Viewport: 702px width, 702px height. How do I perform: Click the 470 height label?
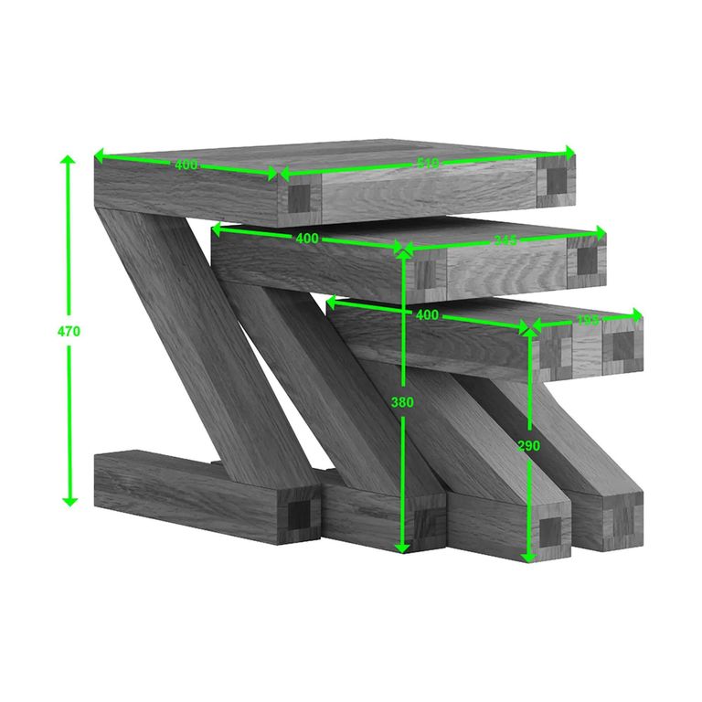[x=69, y=332]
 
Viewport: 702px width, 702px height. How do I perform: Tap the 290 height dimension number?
[x=528, y=446]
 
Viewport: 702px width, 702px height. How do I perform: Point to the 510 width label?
[x=428, y=164]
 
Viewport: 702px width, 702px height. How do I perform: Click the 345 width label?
[x=505, y=240]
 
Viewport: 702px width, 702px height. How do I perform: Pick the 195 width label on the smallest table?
[x=588, y=321]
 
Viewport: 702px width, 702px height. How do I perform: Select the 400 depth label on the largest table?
[x=186, y=165]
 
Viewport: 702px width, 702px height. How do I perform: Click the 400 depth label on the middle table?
[x=307, y=239]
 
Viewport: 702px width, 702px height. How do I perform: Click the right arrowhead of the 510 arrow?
[x=571, y=152]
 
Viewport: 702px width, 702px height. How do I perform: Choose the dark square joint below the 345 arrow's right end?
[x=586, y=261]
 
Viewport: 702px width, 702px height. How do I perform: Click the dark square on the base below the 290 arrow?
[x=550, y=531]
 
